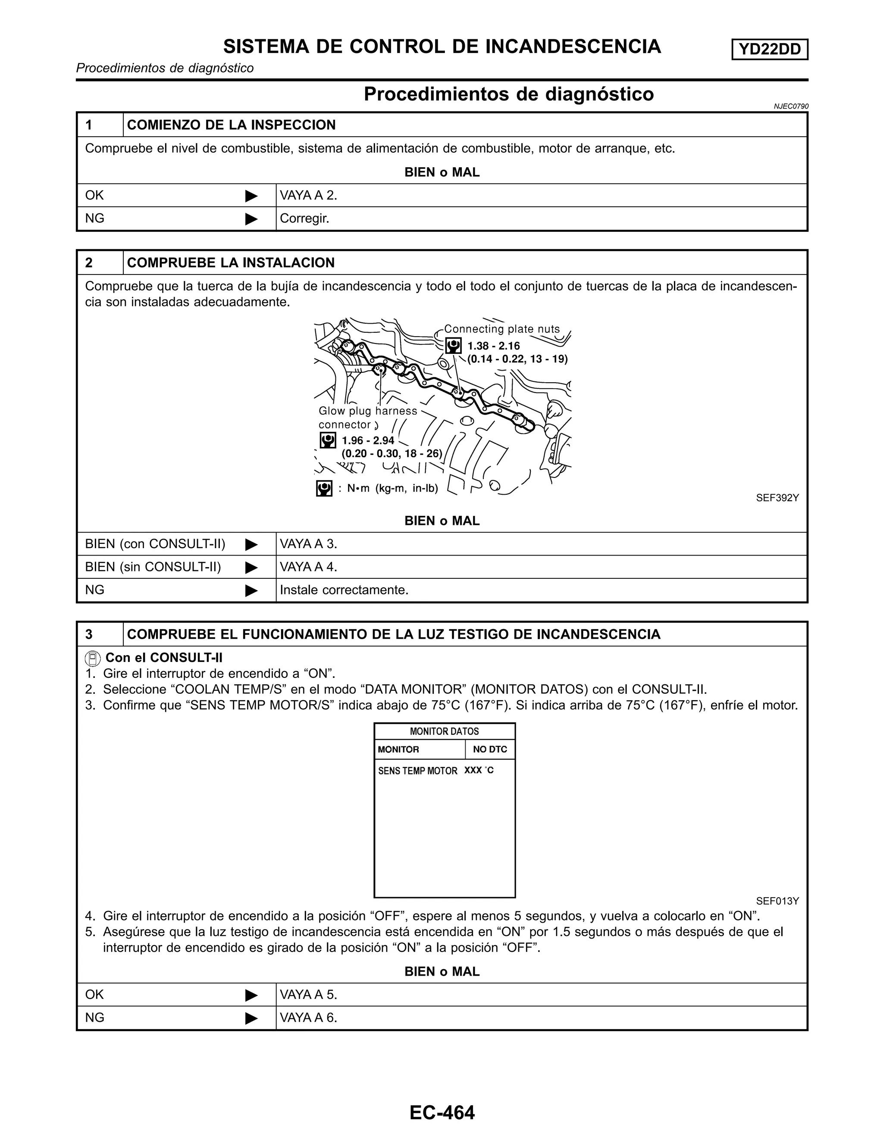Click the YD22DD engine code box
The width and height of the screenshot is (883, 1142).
[770, 50]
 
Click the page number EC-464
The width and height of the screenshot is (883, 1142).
[441, 1112]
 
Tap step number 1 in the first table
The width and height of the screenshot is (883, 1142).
[89, 125]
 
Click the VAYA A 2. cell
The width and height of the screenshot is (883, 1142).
[309, 196]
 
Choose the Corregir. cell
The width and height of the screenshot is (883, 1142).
[304, 218]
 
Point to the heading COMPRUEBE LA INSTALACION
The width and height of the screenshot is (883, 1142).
[231, 262]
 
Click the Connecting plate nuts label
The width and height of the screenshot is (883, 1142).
[502, 329]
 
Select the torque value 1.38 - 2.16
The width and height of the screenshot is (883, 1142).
[493, 346]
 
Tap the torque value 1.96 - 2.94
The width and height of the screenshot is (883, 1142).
[368, 440]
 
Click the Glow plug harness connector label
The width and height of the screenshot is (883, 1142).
[368, 417]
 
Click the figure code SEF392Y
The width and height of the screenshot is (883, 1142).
[777, 498]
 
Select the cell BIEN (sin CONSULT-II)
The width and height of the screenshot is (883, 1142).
[153, 567]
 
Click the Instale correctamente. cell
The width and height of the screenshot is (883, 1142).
[344, 590]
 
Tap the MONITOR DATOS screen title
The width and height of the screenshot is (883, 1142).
[444, 731]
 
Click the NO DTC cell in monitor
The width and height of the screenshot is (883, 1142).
[490, 749]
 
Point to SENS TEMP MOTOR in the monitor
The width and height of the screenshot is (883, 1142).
[417, 771]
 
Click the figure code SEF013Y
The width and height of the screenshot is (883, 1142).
[777, 901]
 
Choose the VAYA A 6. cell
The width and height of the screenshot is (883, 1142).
[309, 1017]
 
